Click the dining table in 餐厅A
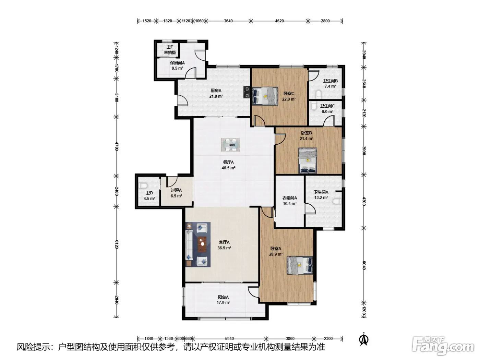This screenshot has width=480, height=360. [230, 145]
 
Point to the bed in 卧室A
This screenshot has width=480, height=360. [300, 265]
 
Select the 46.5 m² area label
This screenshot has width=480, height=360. [228, 168]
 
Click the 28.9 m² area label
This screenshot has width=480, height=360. [276, 254]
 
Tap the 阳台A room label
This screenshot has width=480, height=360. [223, 297]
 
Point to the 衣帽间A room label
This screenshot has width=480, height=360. [289, 198]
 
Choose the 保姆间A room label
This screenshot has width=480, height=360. [177, 63]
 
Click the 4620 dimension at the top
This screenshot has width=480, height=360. [279, 21]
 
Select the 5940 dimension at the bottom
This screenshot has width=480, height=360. [229, 339]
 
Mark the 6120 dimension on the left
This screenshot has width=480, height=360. [117, 244]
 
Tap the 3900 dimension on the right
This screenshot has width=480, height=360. [364, 151]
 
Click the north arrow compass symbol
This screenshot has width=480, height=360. [364, 339]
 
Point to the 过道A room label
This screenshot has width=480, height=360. [176, 190]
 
